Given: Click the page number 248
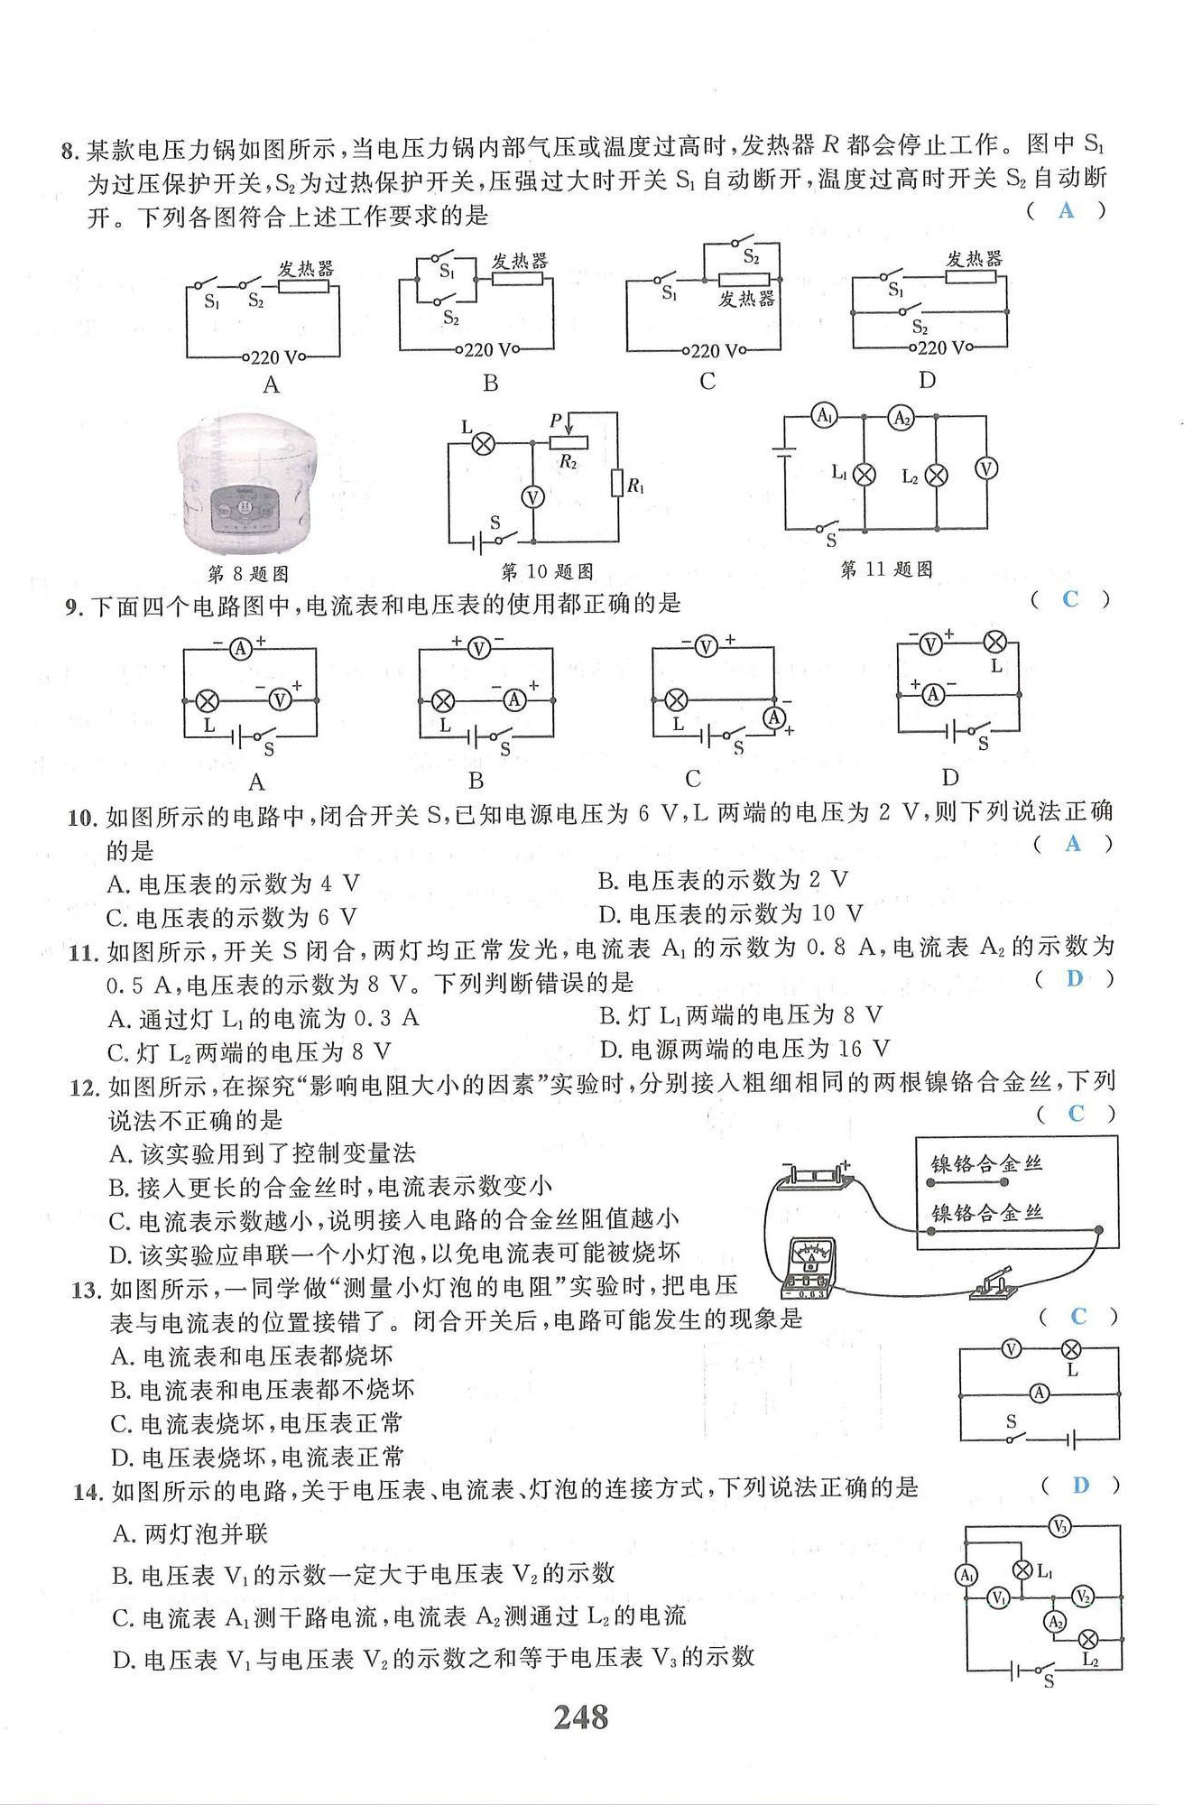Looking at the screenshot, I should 581,1717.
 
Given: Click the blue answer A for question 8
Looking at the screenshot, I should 1067,210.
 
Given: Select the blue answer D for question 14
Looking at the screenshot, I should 1080,1485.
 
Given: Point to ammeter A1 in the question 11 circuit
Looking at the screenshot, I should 825,415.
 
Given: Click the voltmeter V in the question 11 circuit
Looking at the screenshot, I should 986,468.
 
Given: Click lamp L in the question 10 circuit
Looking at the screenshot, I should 485,443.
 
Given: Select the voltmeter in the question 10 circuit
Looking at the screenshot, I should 533,497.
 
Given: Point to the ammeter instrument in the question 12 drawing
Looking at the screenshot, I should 809,1268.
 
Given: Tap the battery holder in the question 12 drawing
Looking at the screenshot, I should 817,1177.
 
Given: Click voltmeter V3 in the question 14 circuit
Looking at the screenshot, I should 1060,1527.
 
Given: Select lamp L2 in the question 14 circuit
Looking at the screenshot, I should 1089,1639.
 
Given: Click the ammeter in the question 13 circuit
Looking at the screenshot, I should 1040,1393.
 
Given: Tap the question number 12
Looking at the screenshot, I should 84,1088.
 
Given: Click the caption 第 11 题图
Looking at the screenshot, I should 886,569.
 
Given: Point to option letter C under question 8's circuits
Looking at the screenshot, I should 707,382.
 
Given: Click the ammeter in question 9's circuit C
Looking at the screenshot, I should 774,717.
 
